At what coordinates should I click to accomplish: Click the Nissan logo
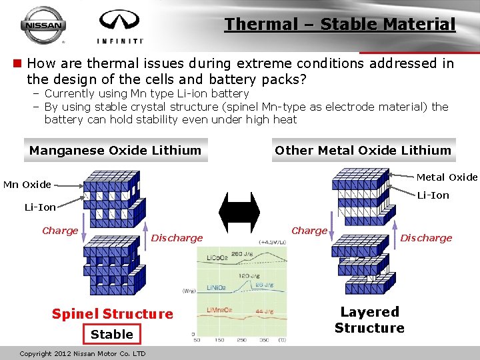(44, 25)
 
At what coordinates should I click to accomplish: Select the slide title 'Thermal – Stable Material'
(340, 25)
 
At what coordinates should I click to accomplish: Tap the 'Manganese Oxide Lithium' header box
(115, 150)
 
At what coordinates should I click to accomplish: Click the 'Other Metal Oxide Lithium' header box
(363, 150)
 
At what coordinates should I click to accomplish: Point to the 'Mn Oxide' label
(27, 184)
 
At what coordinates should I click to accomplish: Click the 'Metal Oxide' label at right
(447, 177)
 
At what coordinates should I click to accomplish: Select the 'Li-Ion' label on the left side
(40, 207)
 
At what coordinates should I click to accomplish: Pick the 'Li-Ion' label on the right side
(433, 195)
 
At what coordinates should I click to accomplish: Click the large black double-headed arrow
(239, 212)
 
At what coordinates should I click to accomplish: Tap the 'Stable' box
(112, 334)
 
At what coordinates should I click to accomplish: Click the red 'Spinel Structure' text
(112, 314)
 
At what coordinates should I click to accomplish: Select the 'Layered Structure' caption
(369, 320)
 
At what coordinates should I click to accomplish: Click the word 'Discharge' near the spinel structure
(177, 238)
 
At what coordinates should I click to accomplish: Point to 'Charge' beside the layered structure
(309, 231)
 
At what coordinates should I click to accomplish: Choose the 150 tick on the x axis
(218, 340)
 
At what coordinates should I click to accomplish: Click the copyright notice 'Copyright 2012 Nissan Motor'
(83, 353)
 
